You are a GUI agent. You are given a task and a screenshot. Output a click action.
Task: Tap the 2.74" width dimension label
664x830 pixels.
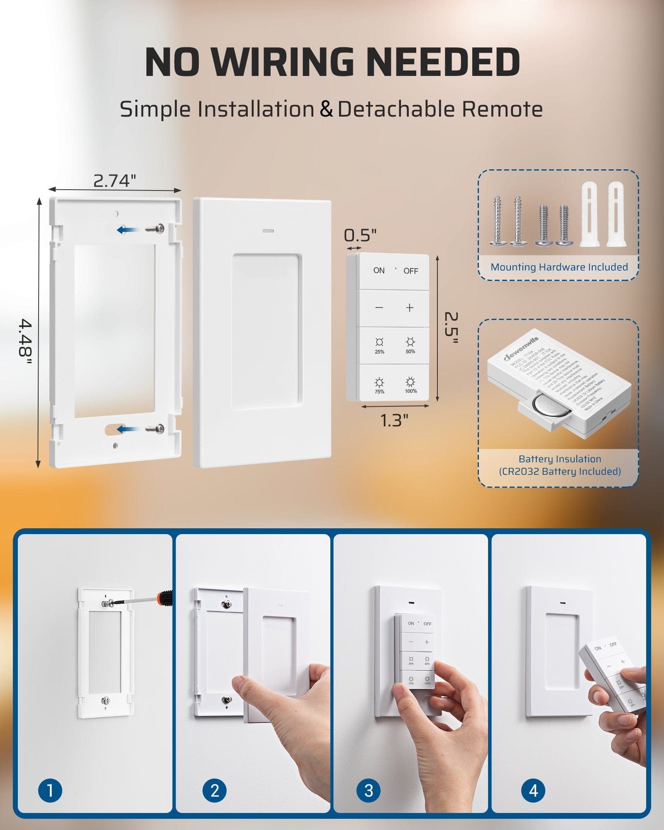coord(115,181)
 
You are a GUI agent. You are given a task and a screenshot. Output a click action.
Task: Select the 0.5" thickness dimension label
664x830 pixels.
coord(360,235)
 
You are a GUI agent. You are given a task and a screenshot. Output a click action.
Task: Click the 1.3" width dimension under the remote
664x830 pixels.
coord(394,420)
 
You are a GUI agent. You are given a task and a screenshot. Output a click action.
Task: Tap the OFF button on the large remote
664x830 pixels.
coord(410,271)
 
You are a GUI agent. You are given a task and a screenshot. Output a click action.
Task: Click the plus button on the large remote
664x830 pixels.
coord(410,308)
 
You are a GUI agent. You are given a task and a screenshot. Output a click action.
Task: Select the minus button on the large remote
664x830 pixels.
coord(379,308)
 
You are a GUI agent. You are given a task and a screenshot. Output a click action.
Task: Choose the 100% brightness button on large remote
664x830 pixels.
coord(410,385)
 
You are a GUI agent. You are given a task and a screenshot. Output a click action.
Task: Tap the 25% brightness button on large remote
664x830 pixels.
coord(379,345)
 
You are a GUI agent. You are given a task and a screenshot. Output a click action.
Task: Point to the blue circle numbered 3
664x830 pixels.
coord(369,790)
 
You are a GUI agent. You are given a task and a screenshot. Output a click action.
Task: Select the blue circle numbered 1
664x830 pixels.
coord(50,790)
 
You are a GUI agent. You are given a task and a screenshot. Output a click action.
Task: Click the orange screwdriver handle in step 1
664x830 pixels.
coord(166,598)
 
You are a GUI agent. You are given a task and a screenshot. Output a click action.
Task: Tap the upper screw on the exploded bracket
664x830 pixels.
coord(155,228)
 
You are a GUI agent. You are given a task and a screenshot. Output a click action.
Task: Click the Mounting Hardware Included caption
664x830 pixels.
coord(559,267)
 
